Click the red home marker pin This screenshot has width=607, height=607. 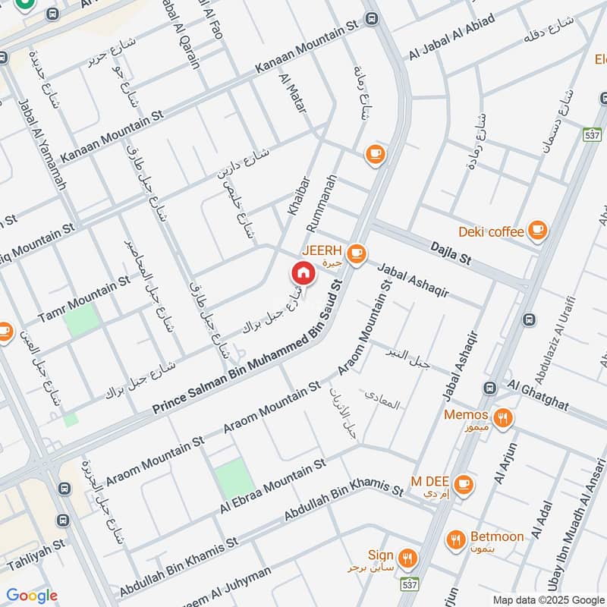tap(302, 272)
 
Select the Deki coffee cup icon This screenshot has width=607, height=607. tap(537, 228)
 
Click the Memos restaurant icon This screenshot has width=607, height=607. tap(502, 417)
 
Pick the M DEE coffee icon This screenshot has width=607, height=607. tap(464, 483)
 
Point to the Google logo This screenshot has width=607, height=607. tap(31, 596)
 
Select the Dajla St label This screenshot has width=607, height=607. tap(451, 253)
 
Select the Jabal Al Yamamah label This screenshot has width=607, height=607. tap(42, 144)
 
